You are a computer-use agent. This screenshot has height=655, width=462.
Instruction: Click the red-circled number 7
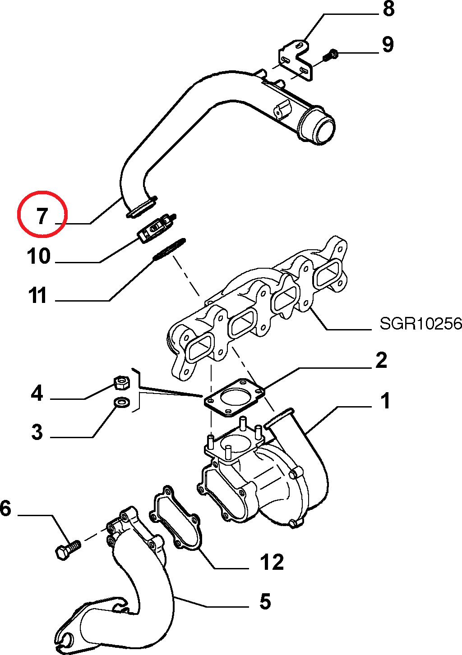coord(42,216)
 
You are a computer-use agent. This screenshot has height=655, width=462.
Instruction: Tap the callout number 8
coord(388,8)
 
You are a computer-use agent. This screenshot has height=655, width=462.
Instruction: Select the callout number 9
coord(388,45)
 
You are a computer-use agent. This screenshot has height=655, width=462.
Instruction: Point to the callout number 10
coord(39,256)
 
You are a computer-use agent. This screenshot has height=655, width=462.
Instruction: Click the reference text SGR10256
coord(420,324)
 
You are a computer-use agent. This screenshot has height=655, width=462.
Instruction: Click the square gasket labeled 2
coord(234,398)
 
